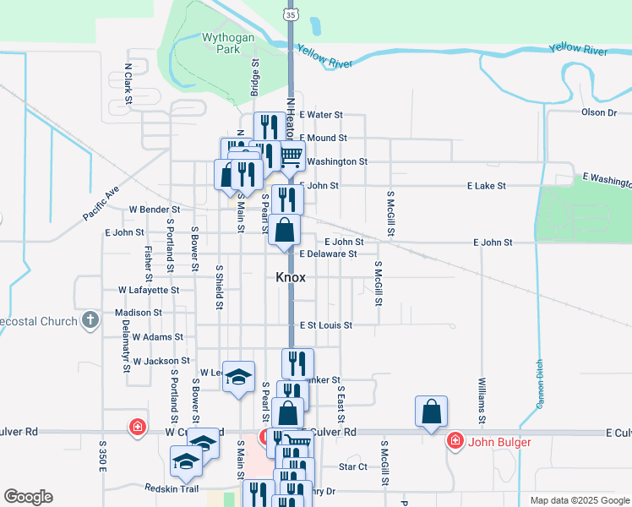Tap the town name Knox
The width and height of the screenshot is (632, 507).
click(x=290, y=277)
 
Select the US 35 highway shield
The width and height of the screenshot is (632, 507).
click(x=291, y=14)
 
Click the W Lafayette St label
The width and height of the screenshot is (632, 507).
click(x=149, y=290)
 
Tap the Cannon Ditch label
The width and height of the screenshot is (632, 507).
click(x=538, y=384)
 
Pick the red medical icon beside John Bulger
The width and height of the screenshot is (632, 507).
click(x=455, y=440)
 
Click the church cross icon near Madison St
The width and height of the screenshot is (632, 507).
click(x=90, y=320)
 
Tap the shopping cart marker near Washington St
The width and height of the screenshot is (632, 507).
click(x=291, y=155)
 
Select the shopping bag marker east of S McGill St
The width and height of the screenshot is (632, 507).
click(x=431, y=412)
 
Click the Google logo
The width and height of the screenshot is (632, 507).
click(x=28, y=497)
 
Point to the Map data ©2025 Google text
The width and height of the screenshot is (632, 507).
click(x=579, y=500)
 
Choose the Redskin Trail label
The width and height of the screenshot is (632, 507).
click(x=171, y=488)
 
